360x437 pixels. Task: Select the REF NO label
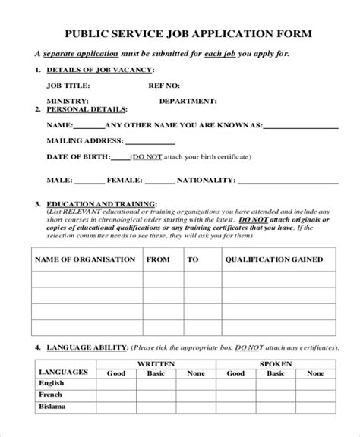pyautogui.click(x=175, y=86)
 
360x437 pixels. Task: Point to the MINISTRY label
pyautogui.click(x=67, y=101)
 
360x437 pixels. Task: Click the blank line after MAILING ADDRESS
pyautogui.click(x=149, y=141)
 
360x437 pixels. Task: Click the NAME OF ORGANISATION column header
pyautogui.click(x=85, y=259)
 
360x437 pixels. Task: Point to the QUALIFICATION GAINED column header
pyautogui.click(x=272, y=259)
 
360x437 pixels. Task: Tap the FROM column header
pyautogui.click(x=158, y=259)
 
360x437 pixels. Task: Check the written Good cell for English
pyautogui.click(x=116, y=384)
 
